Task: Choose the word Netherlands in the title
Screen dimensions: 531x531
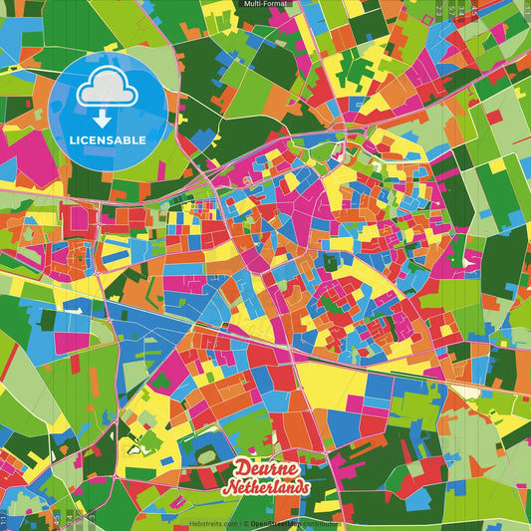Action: (x=266, y=487)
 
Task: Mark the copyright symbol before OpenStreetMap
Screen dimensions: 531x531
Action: (x=245, y=523)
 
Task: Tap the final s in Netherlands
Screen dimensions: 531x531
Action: (x=304, y=487)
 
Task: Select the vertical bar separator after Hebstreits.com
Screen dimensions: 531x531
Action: (x=238, y=523)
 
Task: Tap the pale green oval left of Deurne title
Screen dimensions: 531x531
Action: (x=206, y=456)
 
